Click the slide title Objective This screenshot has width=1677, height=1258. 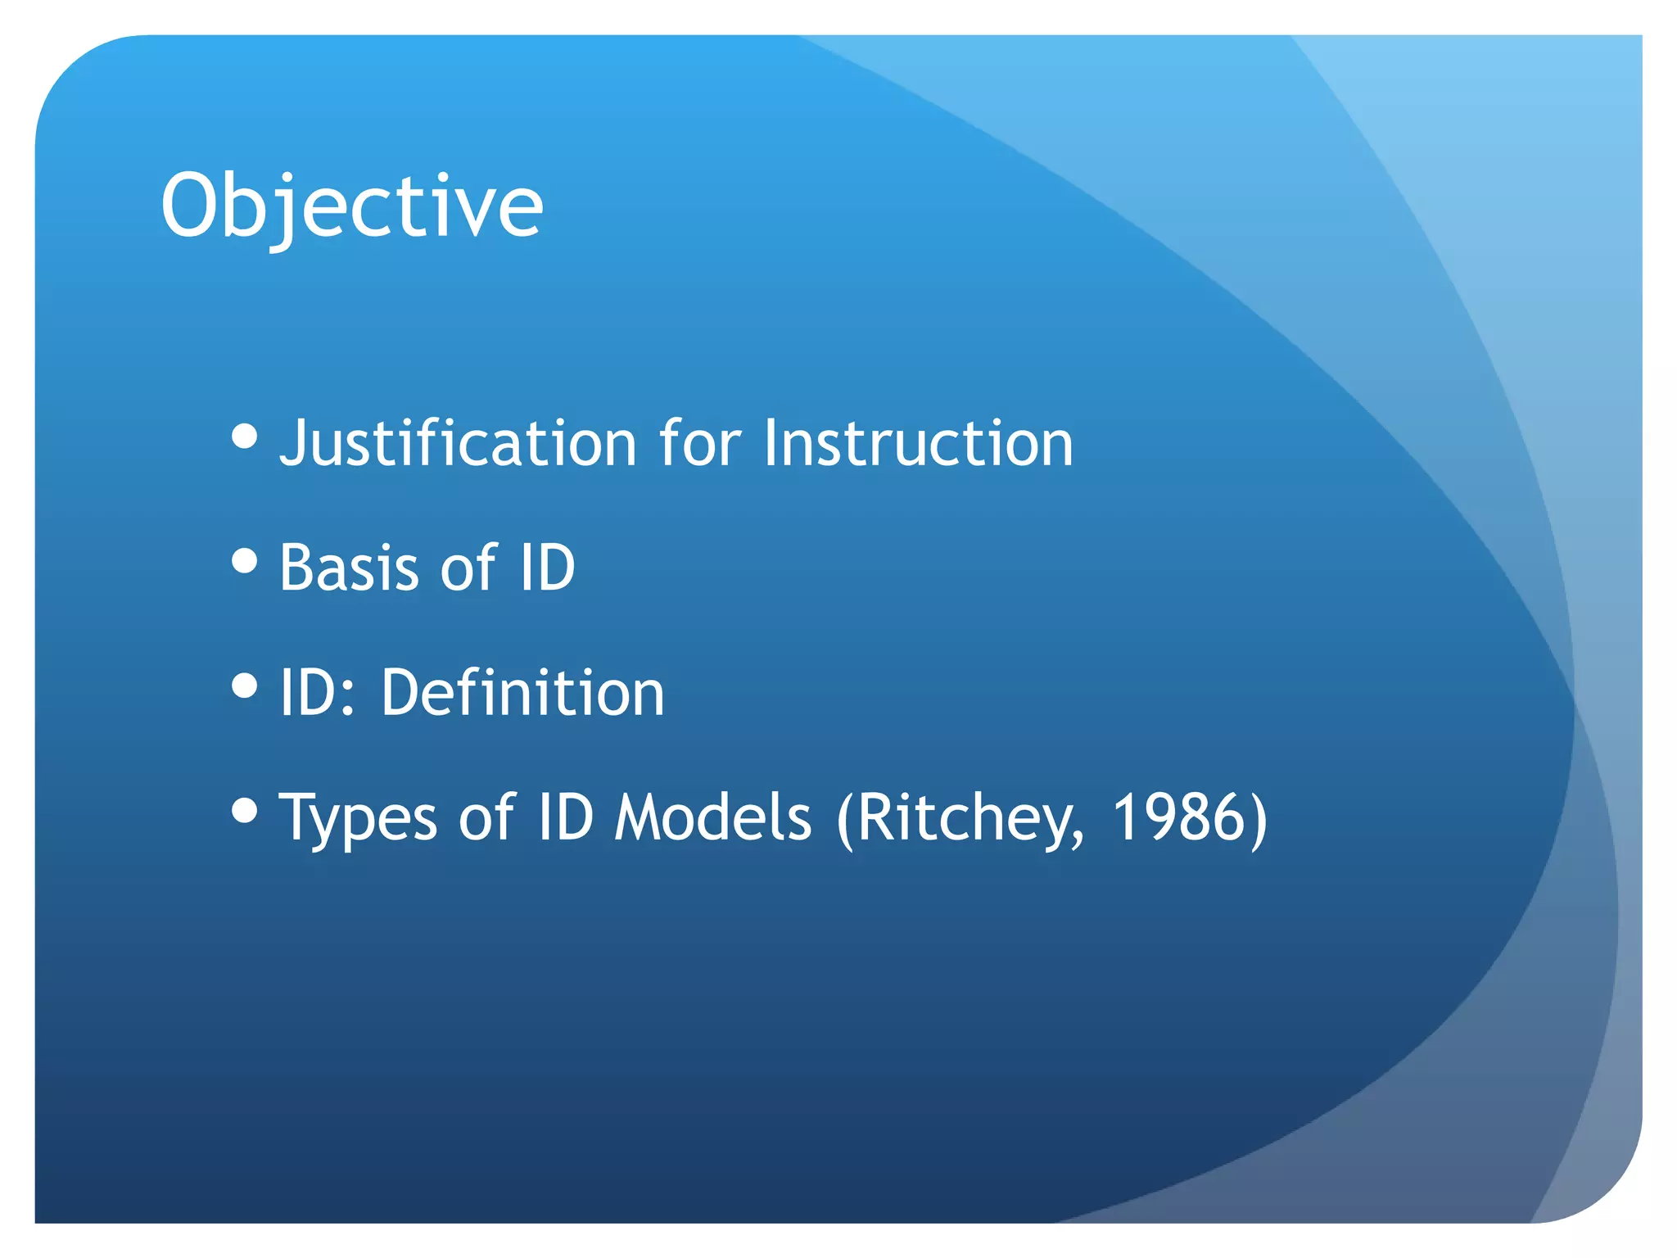352,206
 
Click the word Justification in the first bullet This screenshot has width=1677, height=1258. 458,443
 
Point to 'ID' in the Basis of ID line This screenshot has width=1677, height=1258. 547,568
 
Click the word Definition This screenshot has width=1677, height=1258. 522,693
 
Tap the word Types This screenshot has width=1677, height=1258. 358,818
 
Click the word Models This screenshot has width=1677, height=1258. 712,818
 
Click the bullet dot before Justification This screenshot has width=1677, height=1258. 245,437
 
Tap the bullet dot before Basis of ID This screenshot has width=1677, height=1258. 245,561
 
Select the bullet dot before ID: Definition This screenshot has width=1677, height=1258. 245,686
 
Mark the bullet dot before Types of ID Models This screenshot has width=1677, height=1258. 245,811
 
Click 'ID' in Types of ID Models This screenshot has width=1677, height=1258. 565,818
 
